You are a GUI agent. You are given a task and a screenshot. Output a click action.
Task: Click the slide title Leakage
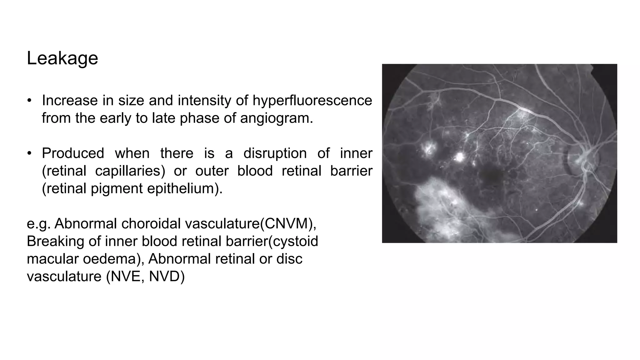(62, 58)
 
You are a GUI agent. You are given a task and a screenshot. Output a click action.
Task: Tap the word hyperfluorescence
(312, 101)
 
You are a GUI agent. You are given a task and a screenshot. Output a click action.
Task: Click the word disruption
(275, 153)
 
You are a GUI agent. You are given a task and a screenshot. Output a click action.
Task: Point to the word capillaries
(130, 171)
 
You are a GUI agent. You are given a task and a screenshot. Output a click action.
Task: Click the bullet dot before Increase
(29, 101)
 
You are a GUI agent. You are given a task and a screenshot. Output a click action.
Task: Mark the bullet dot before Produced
(29, 153)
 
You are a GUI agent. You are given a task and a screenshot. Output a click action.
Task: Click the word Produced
(73, 153)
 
